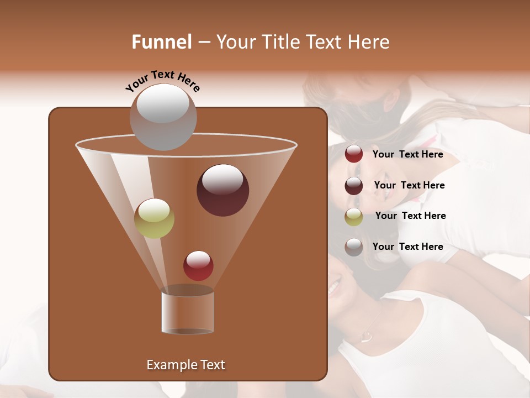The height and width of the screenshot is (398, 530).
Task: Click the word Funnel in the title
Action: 162,42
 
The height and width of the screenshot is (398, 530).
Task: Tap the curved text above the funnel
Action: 163,81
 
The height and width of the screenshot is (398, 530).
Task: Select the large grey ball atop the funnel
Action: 163,117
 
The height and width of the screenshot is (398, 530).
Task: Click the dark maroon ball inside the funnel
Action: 223,190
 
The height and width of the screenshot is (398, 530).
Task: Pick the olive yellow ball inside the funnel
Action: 155,218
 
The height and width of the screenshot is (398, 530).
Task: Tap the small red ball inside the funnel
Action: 198,266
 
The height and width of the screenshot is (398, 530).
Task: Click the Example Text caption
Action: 186,365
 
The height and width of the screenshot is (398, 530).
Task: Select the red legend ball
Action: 354,154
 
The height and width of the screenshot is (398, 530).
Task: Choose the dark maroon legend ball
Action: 354,186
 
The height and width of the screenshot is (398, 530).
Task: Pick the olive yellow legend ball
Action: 354,217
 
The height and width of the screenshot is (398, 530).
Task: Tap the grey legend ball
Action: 354,247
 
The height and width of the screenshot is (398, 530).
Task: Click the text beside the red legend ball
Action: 408,155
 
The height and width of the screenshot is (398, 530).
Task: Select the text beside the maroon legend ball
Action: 410,186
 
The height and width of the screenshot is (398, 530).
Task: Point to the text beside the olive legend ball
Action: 411,216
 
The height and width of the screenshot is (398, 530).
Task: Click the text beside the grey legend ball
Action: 408,247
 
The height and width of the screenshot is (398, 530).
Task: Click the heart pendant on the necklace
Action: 364,336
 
